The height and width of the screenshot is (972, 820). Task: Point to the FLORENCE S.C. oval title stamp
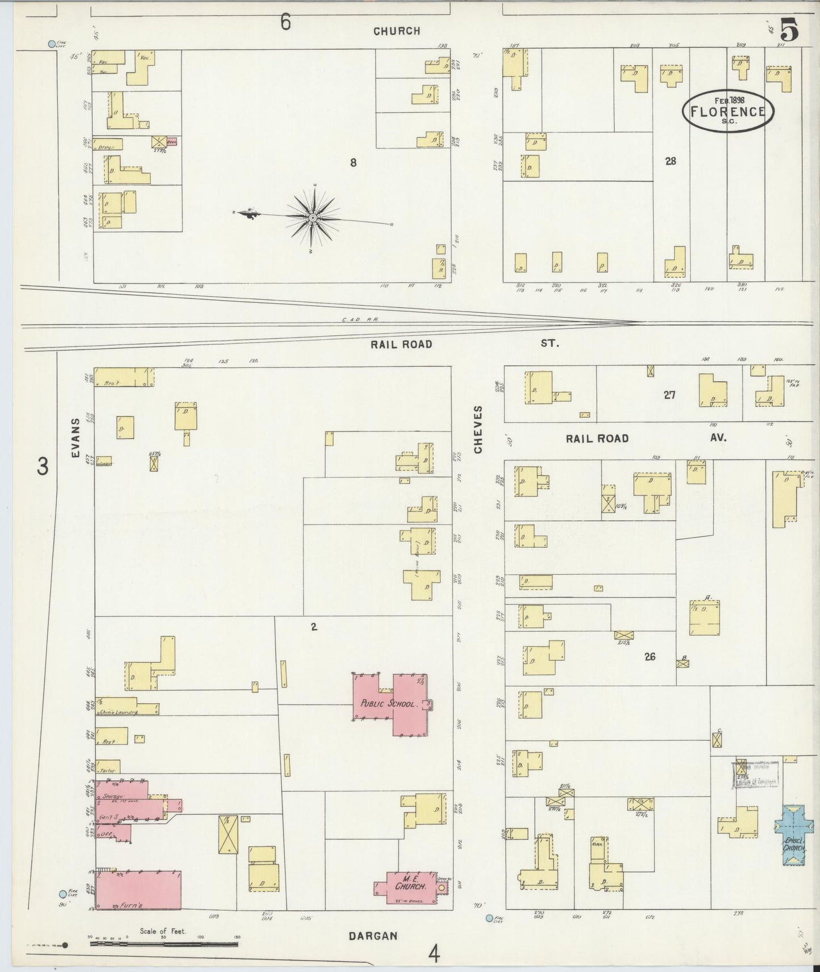(728, 111)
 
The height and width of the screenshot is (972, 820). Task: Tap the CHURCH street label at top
(397, 31)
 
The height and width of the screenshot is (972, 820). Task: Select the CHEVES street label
(478, 429)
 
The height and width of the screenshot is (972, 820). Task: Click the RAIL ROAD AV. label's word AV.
(718, 438)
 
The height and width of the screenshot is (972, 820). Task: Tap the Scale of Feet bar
(163, 944)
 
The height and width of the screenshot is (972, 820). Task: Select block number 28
(670, 161)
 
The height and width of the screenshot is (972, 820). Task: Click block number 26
(650, 657)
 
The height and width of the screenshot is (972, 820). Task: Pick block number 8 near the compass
(353, 163)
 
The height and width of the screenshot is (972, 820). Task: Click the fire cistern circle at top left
(52, 44)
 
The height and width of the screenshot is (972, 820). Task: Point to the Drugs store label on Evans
(106, 146)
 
